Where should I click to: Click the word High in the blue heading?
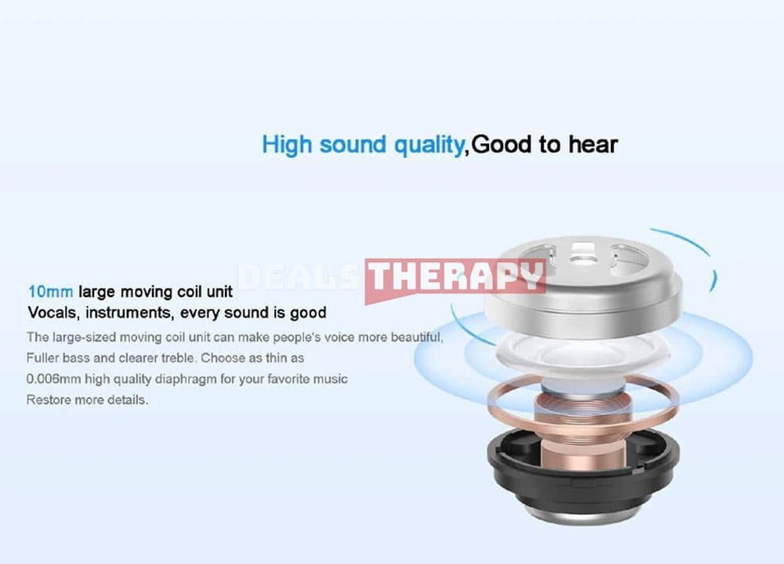(x=288, y=145)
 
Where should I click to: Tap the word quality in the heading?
(x=429, y=146)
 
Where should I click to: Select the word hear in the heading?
(x=593, y=144)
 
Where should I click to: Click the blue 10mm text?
(x=50, y=291)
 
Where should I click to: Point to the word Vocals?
(x=53, y=313)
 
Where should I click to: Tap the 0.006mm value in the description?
(x=53, y=379)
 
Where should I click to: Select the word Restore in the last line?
(x=49, y=399)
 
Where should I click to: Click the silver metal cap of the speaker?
(x=583, y=285)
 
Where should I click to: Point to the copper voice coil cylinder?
(x=583, y=429)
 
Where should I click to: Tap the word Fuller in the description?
(x=42, y=358)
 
